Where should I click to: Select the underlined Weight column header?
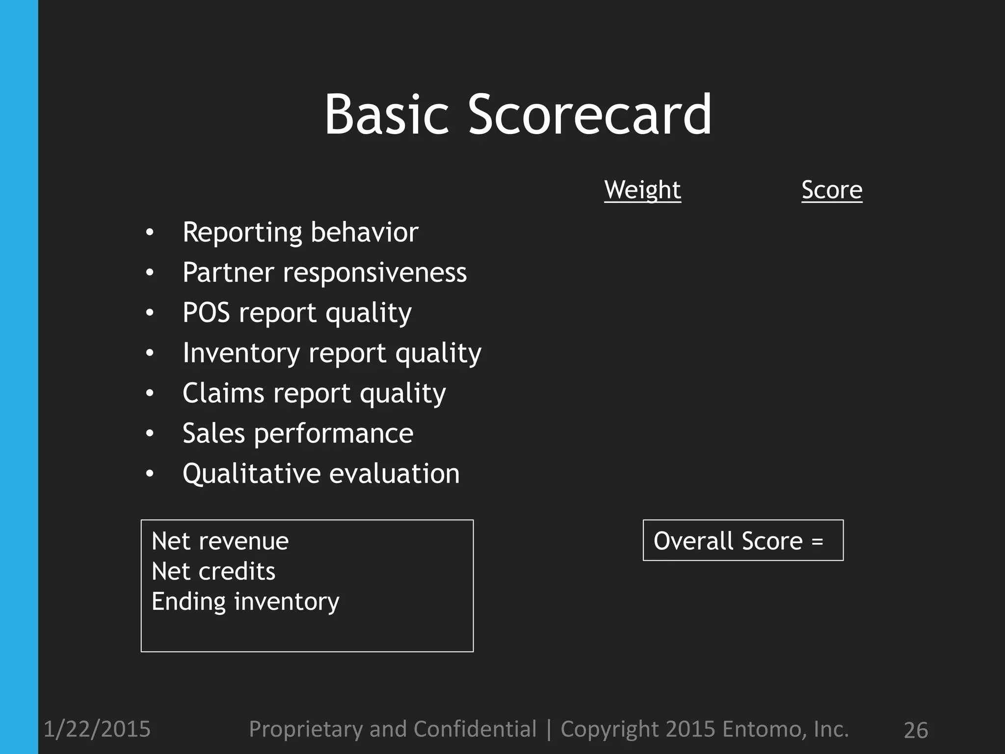coord(642,190)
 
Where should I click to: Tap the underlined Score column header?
coord(832,190)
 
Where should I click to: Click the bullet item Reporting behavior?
coord(300,232)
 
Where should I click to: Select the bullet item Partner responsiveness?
coord(324,272)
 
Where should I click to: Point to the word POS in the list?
coord(206,313)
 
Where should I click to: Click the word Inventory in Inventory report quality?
coord(241,353)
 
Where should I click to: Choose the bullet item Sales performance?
coord(298,433)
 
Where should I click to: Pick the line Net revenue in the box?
coord(220,541)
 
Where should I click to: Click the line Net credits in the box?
coord(213,571)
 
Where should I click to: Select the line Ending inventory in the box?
coord(245,602)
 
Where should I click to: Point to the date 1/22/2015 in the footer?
coord(97,729)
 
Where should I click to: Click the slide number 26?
coord(916,730)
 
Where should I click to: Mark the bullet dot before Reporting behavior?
coord(150,233)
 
